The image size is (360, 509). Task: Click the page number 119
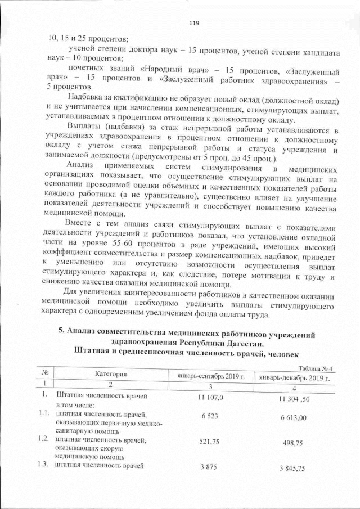[x=194, y=23]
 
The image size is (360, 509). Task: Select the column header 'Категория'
[x=111, y=374]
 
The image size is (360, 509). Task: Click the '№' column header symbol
[x=44, y=373]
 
